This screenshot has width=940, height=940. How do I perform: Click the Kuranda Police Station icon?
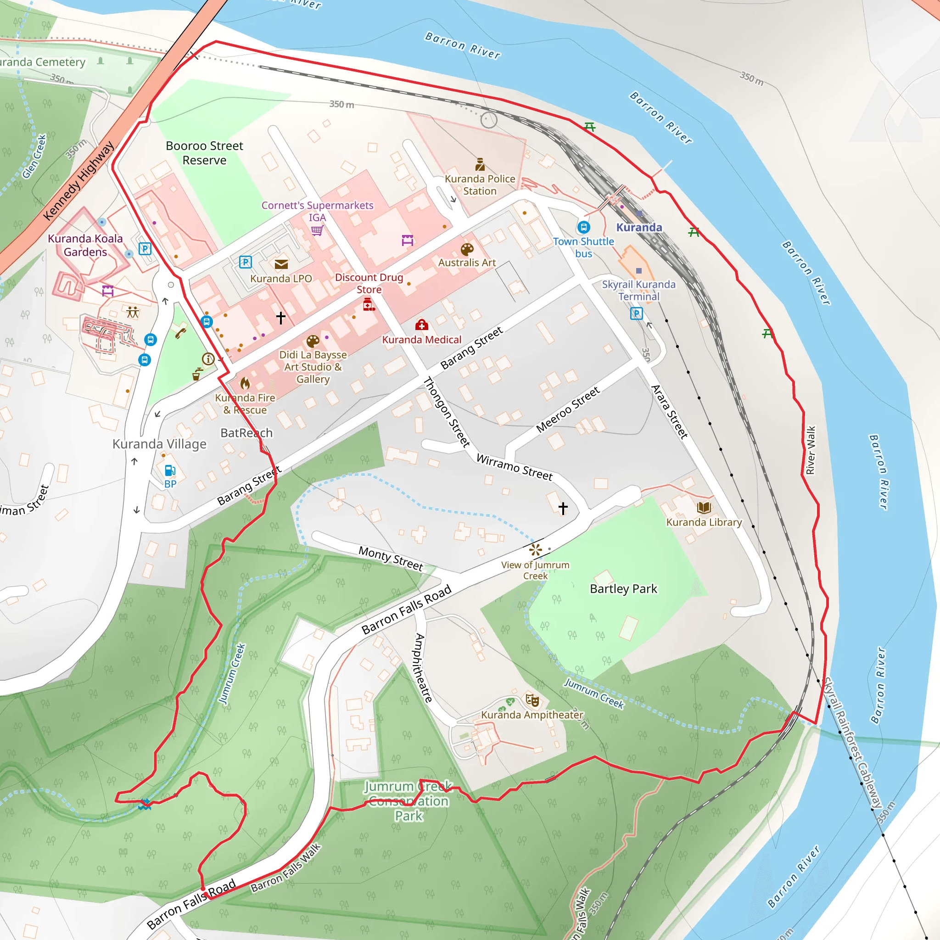[x=480, y=164]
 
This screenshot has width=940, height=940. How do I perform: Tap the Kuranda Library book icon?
[x=704, y=508]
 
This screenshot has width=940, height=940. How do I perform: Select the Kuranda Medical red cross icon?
[x=421, y=325]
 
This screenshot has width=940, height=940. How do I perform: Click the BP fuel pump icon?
[x=170, y=470]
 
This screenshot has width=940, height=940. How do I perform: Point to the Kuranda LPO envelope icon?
[x=281, y=264]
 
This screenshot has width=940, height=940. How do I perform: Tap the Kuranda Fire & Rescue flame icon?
[x=245, y=383]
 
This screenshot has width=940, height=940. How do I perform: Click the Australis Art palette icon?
[x=467, y=250]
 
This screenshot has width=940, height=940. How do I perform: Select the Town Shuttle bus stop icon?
[x=583, y=227]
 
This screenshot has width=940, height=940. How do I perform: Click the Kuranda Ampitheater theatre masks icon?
[x=532, y=700]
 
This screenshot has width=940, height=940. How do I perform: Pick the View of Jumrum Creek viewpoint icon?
[x=535, y=550]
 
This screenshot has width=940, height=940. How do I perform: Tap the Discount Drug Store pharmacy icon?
[x=369, y=305]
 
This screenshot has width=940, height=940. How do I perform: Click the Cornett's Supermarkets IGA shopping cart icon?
[x=317, y=230]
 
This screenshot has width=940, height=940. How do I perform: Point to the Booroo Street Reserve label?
[x=204, y=153]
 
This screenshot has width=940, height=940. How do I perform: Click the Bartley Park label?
[x=623, y=589]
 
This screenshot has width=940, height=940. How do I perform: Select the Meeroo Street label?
[x=568, y=410]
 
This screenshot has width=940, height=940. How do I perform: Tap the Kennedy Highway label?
[x=78, y=180]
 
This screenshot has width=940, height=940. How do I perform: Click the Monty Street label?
[x=391, y=558]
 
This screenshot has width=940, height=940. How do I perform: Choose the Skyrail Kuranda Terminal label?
[x=638, y=291]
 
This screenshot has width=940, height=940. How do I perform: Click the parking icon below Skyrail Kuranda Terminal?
[x=636, y=313]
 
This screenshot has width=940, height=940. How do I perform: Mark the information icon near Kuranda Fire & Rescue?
[x=208, y=359]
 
